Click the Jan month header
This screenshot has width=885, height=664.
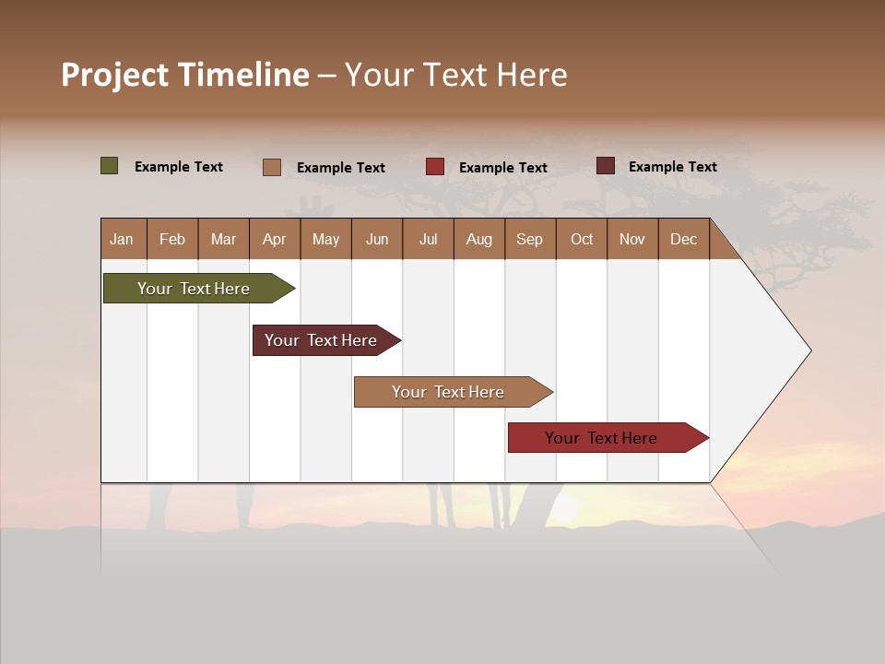coord(122,239)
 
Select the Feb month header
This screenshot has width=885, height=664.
coord(172,239)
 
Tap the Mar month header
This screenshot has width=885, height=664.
coord(223,239)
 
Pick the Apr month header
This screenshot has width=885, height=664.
coord(274,239)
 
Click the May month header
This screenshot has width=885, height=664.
coord(325,239)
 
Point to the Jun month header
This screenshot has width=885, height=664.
coord(377,239)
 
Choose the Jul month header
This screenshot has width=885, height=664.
coord(428,239)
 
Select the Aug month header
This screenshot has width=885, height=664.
coord(478,239)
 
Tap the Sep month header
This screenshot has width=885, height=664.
coord(529,239)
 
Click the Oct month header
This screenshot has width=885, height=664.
coord(582,239)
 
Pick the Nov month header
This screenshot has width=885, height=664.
coord(632,239)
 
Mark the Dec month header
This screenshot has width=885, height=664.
coord(683,239)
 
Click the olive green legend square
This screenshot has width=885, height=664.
coord(110,166)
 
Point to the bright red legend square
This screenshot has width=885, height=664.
coord(435,167)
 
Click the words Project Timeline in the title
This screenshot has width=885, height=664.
coord(185,75)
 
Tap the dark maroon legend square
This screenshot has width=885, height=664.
coord(605,166)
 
